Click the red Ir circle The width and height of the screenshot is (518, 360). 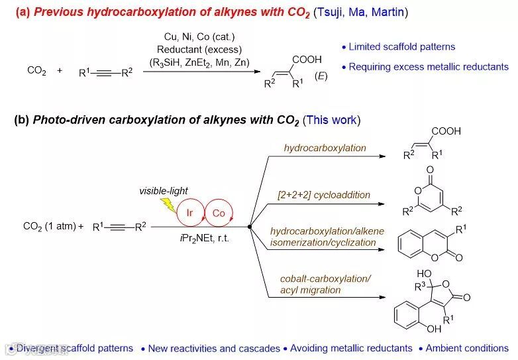click(x=189, y=213)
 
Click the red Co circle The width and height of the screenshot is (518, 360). click(x=219, y=213)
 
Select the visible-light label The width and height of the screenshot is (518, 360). click(x=163, y=191)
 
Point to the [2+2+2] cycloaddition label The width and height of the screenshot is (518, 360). click(x=324, y=195)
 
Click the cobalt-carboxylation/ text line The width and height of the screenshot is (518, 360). click(x=325, y=278)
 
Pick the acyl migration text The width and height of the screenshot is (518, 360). click(x=310, y=290)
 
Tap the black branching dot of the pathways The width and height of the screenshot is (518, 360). click(x=249, y=227)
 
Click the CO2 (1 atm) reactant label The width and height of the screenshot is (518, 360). click(x=49, y=227)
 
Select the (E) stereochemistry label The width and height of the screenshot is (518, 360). click(x=321, y=77)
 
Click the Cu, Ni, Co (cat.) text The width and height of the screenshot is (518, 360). click(x=199, y=36)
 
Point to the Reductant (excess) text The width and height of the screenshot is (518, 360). click(x=199, y=50)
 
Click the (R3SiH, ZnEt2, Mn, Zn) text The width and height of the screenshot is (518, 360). click(x=199, y=63)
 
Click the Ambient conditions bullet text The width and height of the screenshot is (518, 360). click(x=466, y=348)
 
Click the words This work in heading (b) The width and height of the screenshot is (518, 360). click(x=331, y=120)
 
